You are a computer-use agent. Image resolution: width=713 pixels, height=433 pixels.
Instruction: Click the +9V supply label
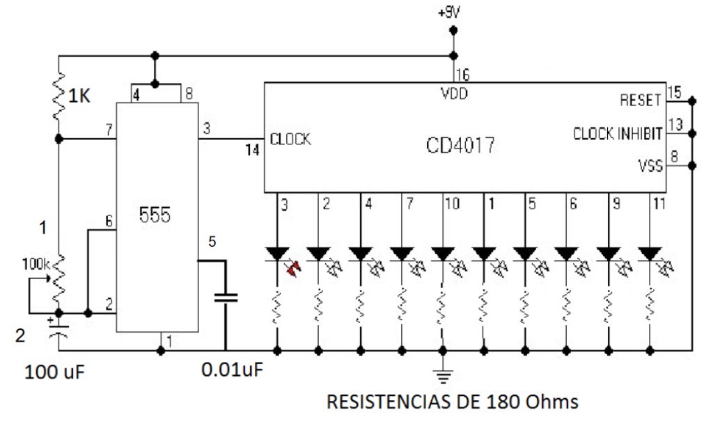[452, 13]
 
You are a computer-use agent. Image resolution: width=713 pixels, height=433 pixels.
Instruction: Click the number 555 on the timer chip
[154, 215]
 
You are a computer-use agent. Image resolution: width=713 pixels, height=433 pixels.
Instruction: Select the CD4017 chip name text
[460, 148]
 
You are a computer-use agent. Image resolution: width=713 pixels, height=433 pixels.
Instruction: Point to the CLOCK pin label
[290, 139]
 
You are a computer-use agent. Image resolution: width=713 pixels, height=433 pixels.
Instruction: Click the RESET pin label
[639, 100]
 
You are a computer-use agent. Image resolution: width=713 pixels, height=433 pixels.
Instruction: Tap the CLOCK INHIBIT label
[617, 134]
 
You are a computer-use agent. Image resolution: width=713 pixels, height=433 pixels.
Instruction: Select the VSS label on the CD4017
[647, 166]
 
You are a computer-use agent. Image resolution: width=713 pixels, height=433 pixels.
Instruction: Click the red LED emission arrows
[295, 266]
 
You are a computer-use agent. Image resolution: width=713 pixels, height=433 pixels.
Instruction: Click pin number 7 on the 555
[107, 130]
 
